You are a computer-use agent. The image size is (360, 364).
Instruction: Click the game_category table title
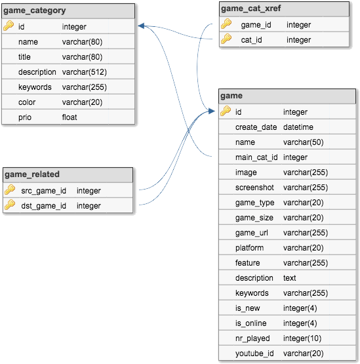35,10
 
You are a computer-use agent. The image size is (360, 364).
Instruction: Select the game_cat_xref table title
251,9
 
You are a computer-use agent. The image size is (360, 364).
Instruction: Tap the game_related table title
32,174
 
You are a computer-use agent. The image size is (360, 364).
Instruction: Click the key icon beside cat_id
226,39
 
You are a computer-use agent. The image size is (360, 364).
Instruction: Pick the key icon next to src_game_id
10,190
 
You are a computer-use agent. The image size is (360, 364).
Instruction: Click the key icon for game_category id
9,26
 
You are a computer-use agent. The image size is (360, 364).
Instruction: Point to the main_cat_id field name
256,157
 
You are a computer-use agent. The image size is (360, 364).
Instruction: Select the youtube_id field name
254,354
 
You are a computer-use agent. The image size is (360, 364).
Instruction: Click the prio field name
25,117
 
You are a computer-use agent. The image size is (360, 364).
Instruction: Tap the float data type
70,117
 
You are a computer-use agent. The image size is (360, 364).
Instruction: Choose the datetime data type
298,127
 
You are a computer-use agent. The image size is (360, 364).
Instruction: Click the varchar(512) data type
85,72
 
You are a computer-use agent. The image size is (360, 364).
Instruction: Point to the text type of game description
290,278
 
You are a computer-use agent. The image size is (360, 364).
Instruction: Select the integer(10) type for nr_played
302,338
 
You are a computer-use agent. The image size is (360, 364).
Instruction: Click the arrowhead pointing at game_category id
141,26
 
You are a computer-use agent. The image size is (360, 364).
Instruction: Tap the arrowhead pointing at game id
211,111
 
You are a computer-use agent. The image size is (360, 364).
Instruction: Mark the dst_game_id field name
44,206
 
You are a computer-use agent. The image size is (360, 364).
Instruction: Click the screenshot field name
254,188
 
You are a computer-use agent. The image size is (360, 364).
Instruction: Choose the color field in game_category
27,102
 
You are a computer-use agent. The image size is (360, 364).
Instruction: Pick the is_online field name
251,323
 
